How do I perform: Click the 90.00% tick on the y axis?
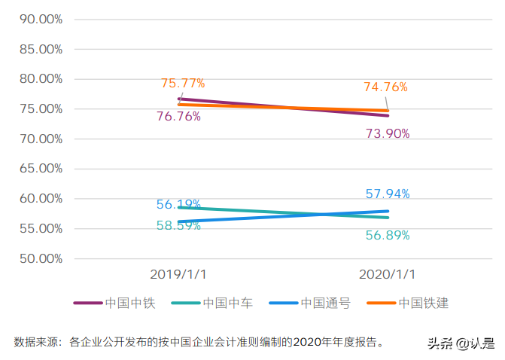pyautogui.click(x=37, y=19)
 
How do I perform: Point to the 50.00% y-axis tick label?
pyautogui.click(x=37, y=259)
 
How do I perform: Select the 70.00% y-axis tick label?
pyautogui.click(x=37, y=139)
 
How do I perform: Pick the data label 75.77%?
pyautogui.click(x=183, y=83)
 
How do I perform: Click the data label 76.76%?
pyautogui.click(x=178, y=117)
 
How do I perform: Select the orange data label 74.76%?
pyautogui.click(x=385, y=87)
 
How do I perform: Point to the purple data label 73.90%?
pyautogui.click(x=388, y=134)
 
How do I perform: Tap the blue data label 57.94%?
pyautogui.click(x=388, y=194)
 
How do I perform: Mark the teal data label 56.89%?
pyautogui.click(x=388, y=236)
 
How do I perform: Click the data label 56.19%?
pyautogui.click(x=178, y=205)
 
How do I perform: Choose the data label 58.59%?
pyautogui.click(x=178, y=225)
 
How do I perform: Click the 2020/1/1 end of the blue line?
pyautogui.click(x=388, y=212)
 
